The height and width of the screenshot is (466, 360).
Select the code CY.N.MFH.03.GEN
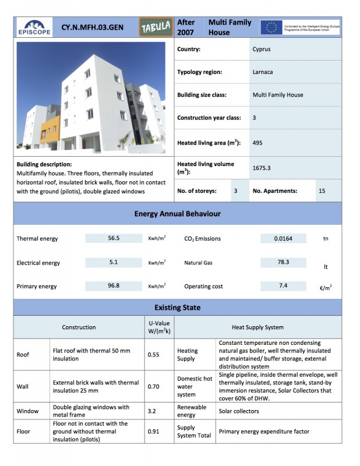pyautogui.click(x=92, y=27)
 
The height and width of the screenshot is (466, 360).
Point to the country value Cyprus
pyautogui.click(x=262, y=50)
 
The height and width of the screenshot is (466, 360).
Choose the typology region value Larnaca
pyautogui.click(x=263, y=72)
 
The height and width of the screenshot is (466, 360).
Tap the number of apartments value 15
pyautogui.click(x=323, y=191)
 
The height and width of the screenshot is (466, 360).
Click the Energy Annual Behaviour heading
pyautogui.click(x=178, y=214)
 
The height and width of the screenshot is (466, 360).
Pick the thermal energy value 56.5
pyautogui.click(x=114, y=238)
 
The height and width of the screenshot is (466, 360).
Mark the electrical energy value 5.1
pyautogui.click(x=114, y=262)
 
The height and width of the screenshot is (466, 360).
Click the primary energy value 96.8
pyautogui.click(x=114, y=286)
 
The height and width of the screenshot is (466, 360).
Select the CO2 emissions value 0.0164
pyautogui.click(x=283, y=238)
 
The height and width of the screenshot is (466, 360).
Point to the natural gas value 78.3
pyautogui.click(x=283, y=262)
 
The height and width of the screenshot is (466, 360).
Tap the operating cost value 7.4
pyautogui.click(x=283, y=286)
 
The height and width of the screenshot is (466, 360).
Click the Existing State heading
pyautogui.click(x=178, y=307)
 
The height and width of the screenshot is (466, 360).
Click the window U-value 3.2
pyautogui.click(x=152, y=411)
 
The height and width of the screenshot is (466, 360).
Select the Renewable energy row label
pyautogui.click(x=190, y=411)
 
